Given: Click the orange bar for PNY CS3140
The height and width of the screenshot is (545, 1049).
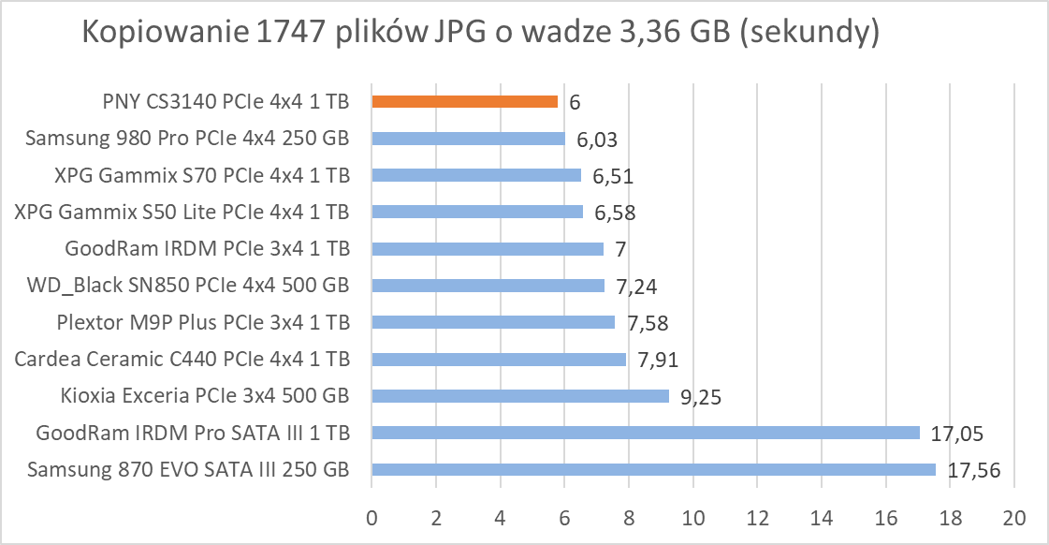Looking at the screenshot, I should click(x=464, y=102).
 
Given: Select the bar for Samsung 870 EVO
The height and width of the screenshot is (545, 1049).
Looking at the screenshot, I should click(x=653, y=469).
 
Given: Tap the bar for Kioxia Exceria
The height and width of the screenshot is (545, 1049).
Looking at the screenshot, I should click(x=520, y=396).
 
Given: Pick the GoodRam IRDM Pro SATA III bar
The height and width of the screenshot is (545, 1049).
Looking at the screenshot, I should click(x=646, y=433).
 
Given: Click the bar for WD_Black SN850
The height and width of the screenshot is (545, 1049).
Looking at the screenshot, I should click(x=488, y=286).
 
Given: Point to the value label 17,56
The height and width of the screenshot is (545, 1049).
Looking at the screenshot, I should click(x=974, y=470).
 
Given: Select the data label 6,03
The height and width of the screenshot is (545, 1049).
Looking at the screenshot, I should click(x=597, y=140).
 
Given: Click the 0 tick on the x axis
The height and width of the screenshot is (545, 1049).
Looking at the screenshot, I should click(x=372, y=517).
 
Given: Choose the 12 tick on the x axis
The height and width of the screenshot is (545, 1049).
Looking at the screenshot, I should click(x=757, y=517).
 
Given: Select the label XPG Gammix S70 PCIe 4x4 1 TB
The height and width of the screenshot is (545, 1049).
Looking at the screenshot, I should click(x=190, y=175).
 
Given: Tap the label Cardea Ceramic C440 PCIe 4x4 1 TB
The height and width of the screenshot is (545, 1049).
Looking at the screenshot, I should click(x=182, y=360).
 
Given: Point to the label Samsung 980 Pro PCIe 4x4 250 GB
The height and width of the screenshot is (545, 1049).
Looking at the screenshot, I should click(x=187, y=139).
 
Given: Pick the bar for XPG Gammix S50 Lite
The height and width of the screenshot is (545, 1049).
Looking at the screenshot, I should click(x=477, y=213).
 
